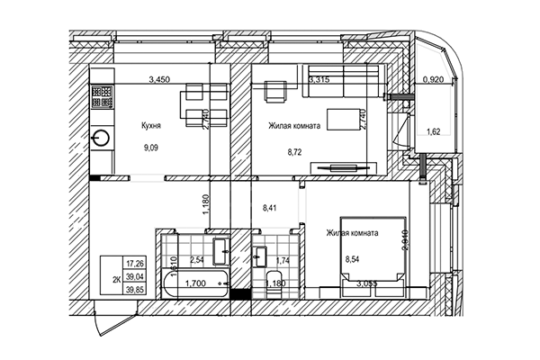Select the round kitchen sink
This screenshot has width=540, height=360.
pyautogui.click(x=101, y=139)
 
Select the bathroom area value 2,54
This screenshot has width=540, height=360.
pyautogui.click(x=199, y=260)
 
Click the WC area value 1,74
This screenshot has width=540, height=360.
pyautogui.click(x=281, y=260)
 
